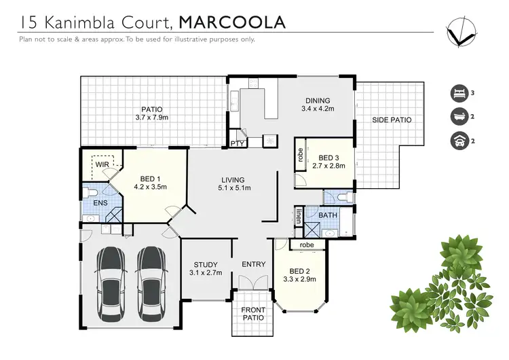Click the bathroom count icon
(459, 117)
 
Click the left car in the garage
(111, 277)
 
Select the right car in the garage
(151, 277)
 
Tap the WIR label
(103, 164)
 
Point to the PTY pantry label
(237, 143)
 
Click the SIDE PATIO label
(392, 120)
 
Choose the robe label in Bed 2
(306, 245)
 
